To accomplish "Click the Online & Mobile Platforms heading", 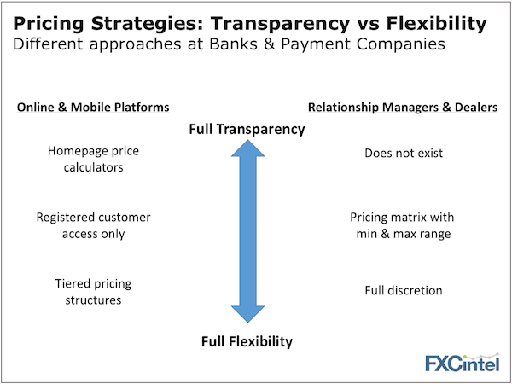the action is point(93,108).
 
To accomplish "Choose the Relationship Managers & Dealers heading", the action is point(403,108).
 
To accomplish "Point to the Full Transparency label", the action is point(247,130).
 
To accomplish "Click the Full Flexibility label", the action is point(247,341).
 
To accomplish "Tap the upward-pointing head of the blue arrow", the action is point(247,148).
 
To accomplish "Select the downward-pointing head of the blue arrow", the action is point(247,314).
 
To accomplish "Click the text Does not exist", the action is point(404,153).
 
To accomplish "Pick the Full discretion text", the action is point(404,290).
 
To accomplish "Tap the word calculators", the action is point(93,167).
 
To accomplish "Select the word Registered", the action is point(62,218).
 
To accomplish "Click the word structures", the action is point(93,300).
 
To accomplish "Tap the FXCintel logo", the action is point(462,362).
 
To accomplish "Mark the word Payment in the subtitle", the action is point(316,45).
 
